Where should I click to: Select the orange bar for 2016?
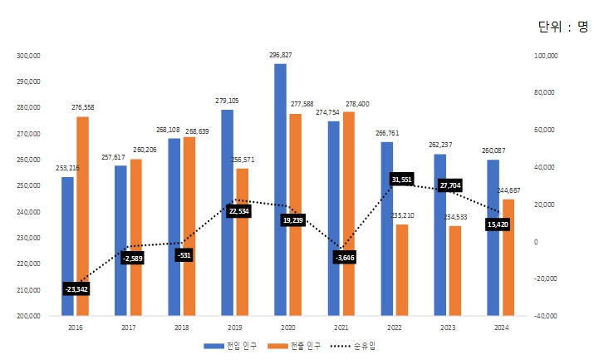[x=82, y=216]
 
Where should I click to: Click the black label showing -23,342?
[x=76, y=288]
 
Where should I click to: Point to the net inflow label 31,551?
[x=402, y=180]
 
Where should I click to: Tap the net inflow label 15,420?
[x=499, y=224]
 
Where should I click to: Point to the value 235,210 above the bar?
[x=402, y=215]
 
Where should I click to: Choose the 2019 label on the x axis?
[x=234, y=328]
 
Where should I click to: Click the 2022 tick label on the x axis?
[x=394, y=328]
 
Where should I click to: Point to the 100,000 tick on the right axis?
[x=545, y=56]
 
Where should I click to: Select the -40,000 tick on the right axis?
[x=545, y=316]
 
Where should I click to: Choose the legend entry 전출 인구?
[x=299, y=345]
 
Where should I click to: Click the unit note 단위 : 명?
[x=562, y=27]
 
